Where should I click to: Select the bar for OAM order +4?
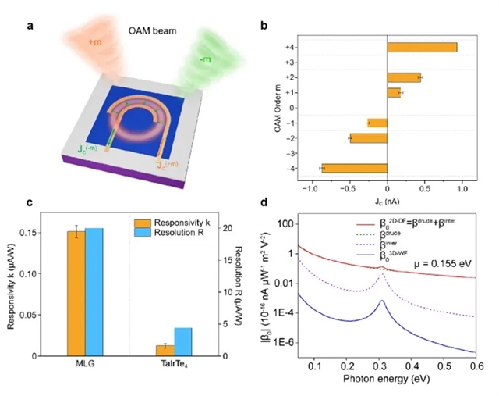coord(422,47)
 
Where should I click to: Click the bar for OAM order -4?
coord(355,168)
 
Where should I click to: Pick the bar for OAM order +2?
coord(404,77)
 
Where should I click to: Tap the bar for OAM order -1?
coord(377,123)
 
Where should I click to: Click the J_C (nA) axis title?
coord(386,201)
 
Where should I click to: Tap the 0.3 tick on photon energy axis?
coord(382,365)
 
